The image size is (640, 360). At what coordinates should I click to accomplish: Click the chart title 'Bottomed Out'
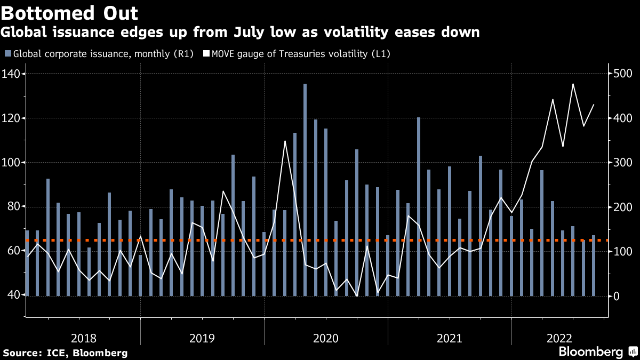coord(70,13)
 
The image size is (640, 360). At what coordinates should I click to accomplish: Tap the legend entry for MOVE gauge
coord(301,53)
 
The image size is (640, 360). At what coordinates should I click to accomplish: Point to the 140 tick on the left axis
coord(12,74)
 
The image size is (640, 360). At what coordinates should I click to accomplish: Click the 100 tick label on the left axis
coord(12,162)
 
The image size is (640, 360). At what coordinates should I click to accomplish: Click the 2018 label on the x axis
coord(84,338)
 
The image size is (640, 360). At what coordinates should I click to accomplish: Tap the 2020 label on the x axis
coord(326,338)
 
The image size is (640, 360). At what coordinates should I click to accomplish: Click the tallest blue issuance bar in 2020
coord(305,160)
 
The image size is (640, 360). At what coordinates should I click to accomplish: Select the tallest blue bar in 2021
coord(419,187)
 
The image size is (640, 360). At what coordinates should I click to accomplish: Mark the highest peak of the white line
coord(573,84)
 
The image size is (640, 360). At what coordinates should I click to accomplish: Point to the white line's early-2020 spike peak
coord(285,141)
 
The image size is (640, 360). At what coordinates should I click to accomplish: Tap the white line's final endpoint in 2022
coord(594,105)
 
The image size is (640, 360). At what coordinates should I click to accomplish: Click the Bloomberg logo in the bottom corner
coord(590,351)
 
